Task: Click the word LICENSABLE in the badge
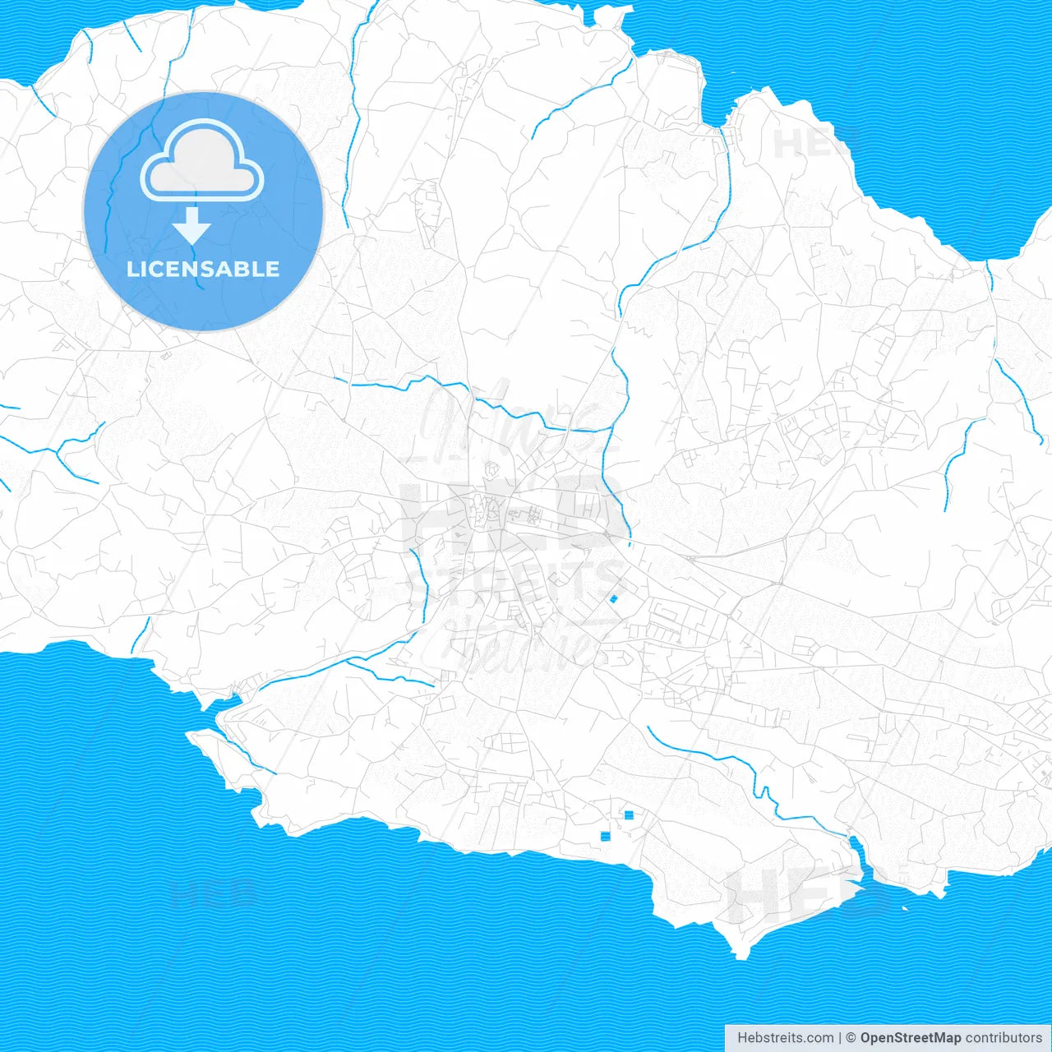203,269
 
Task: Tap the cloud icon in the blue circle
202,161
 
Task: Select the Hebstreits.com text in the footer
786,1038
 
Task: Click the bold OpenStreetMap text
911,1038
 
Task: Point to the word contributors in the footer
1004,1038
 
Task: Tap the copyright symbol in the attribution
851,1038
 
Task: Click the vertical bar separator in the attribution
840,1038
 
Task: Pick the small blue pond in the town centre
613,599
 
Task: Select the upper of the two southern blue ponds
629,814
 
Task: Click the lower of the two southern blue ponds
606,836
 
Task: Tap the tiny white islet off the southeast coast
905,908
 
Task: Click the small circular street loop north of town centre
492,469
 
